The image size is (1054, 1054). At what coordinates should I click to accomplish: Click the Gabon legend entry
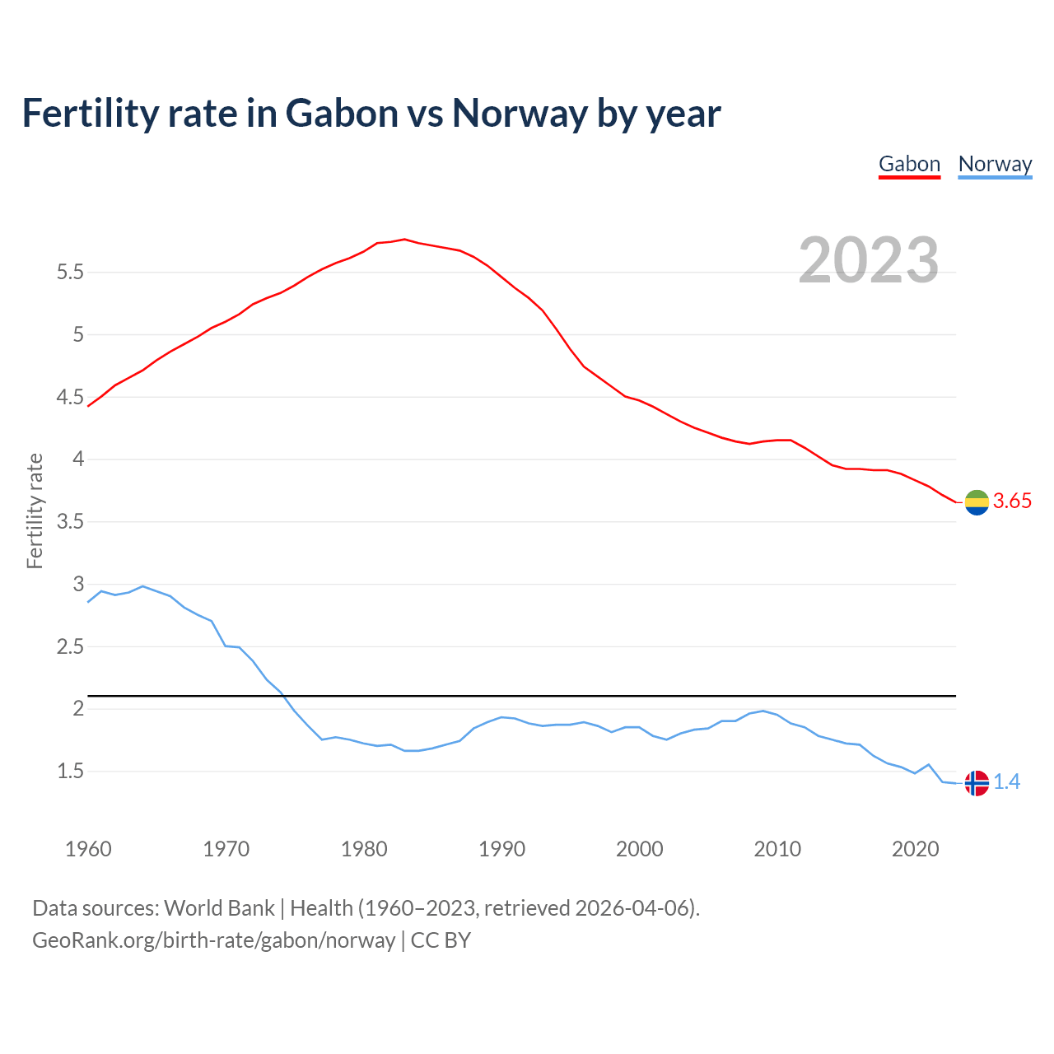coord(909,164)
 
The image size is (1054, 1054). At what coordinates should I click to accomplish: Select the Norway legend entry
coord(995,164)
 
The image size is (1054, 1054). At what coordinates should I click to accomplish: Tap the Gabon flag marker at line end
coord(977,502)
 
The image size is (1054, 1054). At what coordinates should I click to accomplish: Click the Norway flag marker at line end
coord(977,783)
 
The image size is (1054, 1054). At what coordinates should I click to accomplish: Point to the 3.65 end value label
coord(1012,501)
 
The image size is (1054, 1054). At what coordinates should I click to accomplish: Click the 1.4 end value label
coord(1006,782)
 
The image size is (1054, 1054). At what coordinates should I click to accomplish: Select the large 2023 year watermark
coord(869,260)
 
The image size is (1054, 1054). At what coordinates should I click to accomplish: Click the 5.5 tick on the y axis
coord(70,272)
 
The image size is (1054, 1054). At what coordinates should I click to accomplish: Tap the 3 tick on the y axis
coord(79,584)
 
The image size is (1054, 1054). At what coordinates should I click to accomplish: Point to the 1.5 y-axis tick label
coord(70,772)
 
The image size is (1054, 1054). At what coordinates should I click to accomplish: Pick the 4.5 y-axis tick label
coord(70,397)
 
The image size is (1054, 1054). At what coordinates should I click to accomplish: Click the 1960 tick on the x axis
coord(88,849)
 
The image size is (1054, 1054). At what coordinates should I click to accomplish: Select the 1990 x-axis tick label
coord(501,849)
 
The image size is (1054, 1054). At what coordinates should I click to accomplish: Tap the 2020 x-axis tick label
coord(915,849)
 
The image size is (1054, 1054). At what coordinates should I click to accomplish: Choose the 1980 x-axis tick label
coord(364,849)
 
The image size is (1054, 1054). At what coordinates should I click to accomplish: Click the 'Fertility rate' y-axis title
coord(35,511)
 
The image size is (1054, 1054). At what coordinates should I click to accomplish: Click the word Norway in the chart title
coord(520,113)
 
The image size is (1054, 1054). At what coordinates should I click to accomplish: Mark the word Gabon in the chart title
coord(342,113)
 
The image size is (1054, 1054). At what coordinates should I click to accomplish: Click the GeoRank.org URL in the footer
coord(213,940)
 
